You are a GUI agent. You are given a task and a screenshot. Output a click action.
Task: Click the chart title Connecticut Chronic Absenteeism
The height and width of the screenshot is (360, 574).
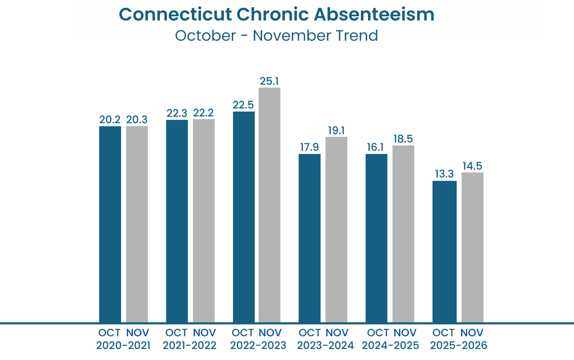click(276, 14)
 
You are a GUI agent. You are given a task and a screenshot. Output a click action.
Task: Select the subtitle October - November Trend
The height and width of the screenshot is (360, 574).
click(276, 36)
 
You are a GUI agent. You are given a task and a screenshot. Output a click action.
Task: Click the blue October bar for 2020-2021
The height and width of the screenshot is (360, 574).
click(110, 224)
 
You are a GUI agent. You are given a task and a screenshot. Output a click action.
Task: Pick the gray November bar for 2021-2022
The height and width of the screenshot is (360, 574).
click(204, 220)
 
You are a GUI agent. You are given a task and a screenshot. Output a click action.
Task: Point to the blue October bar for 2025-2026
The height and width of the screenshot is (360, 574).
click(444, 251)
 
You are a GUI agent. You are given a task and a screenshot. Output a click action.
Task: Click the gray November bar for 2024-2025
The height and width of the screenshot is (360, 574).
click(403, 234)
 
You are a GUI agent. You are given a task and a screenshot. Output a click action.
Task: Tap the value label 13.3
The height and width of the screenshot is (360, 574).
click(444, 174)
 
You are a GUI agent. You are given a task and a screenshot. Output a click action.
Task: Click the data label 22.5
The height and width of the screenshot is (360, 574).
click(243, 105)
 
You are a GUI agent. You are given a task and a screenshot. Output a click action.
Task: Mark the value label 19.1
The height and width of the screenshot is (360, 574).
click(336, 130)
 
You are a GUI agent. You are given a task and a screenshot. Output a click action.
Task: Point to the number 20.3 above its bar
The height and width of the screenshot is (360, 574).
click(137, 120)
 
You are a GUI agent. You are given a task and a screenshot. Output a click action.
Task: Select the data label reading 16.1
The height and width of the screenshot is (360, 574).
click(376, 147)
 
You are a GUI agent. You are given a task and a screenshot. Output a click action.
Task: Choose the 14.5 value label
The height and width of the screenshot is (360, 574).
click(472, 166)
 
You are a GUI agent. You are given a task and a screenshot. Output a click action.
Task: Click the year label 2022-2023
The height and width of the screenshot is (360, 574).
click(258, 345)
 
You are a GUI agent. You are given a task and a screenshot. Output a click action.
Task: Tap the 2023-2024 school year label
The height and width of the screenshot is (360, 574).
click(324, 345)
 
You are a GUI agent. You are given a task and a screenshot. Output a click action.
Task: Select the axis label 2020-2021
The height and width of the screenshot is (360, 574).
click(123, 345)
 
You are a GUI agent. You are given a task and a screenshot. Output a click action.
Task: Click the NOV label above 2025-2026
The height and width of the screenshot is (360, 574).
click(473, 333)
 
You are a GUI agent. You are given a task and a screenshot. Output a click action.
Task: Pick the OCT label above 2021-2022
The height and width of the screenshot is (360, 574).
click(177, 333)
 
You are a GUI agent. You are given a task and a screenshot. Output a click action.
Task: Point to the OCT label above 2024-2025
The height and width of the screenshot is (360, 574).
click(377, 333)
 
